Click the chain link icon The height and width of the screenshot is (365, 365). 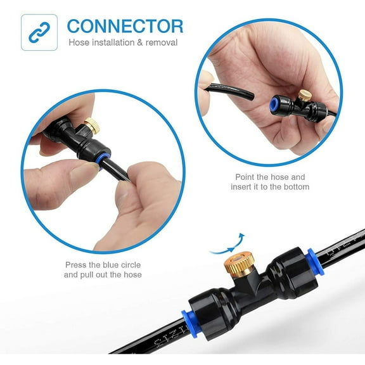click(39, 32)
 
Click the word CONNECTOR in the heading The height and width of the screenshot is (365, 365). click(125, 27)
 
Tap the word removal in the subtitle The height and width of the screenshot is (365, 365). click(162, 42)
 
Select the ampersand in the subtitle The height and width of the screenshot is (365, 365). click(139, 42)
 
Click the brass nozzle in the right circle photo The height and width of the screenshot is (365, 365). click(305, 96)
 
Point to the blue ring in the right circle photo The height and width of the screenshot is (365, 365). click(274, 106)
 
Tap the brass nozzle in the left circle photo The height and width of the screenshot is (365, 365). click(93, 125)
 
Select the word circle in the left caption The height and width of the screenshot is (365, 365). click(131, 265)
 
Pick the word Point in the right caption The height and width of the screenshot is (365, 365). click(245, 177)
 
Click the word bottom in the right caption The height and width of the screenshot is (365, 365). click(297, 187)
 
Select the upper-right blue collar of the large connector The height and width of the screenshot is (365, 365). click(316, 262)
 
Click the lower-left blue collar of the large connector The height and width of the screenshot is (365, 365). click(190, 324)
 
